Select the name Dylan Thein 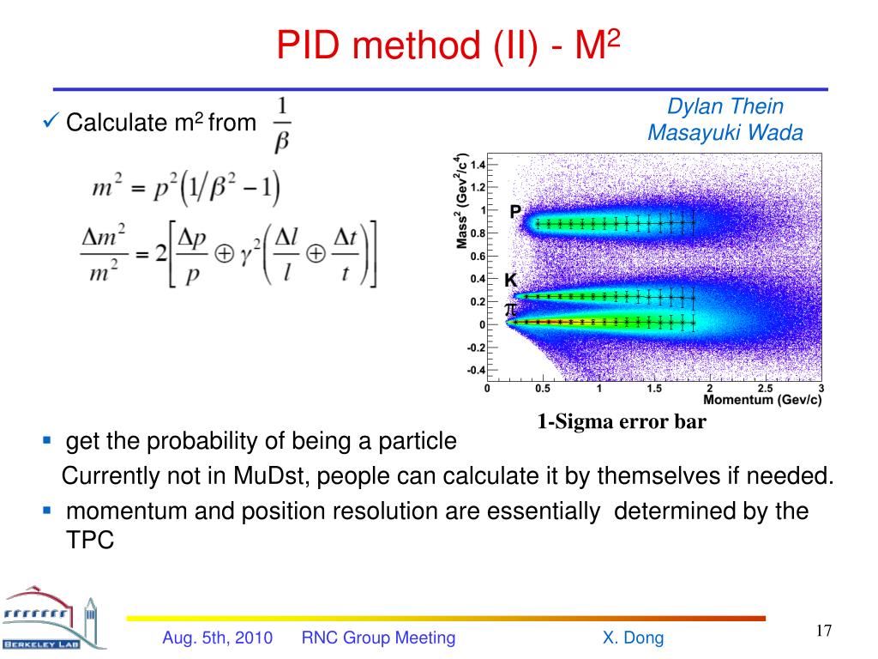pyautogui.click(x=725, y=106)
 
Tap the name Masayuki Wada pyautogui.click(x=725, y=133)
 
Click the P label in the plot pyautogui.click(x=515, y=211)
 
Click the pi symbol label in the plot pyautogui.click(x=510, y=307)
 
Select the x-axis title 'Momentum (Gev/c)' pyautogui.click(x=762, y=400)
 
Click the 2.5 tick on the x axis pyautogui.click(x=767, y=388)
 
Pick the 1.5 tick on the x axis pyautogui.click(x=654, y=388)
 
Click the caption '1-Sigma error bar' pyautogui.click(x=622, y=421)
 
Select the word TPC pyautogui.click(x=90, y=541)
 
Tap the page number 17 pyautogui.click(x=824, y=632)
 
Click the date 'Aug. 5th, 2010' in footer pyautogui.click(x=218, y=638)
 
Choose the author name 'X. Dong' pyautogui.click(x=633, y=638)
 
